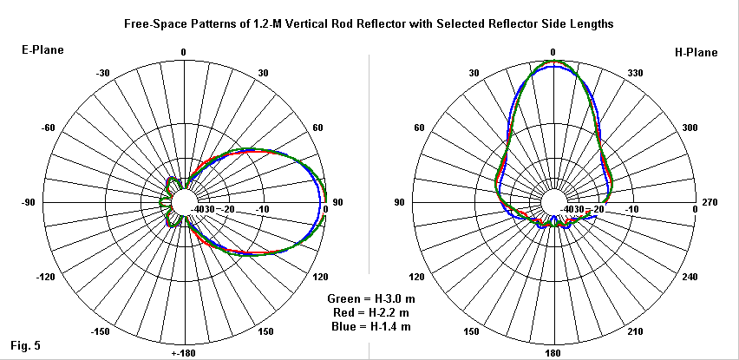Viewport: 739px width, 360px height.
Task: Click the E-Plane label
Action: click(x=40, y=52)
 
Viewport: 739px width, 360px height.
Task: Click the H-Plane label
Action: click(x=696, y=52)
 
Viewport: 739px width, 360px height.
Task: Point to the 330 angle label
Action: click(x=635, y=73)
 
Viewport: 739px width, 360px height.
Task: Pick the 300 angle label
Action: click(x=690, y=128)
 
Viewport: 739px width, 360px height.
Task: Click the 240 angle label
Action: click(x=690, y=278)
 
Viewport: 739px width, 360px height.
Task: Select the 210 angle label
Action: click(x=635, y=332)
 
